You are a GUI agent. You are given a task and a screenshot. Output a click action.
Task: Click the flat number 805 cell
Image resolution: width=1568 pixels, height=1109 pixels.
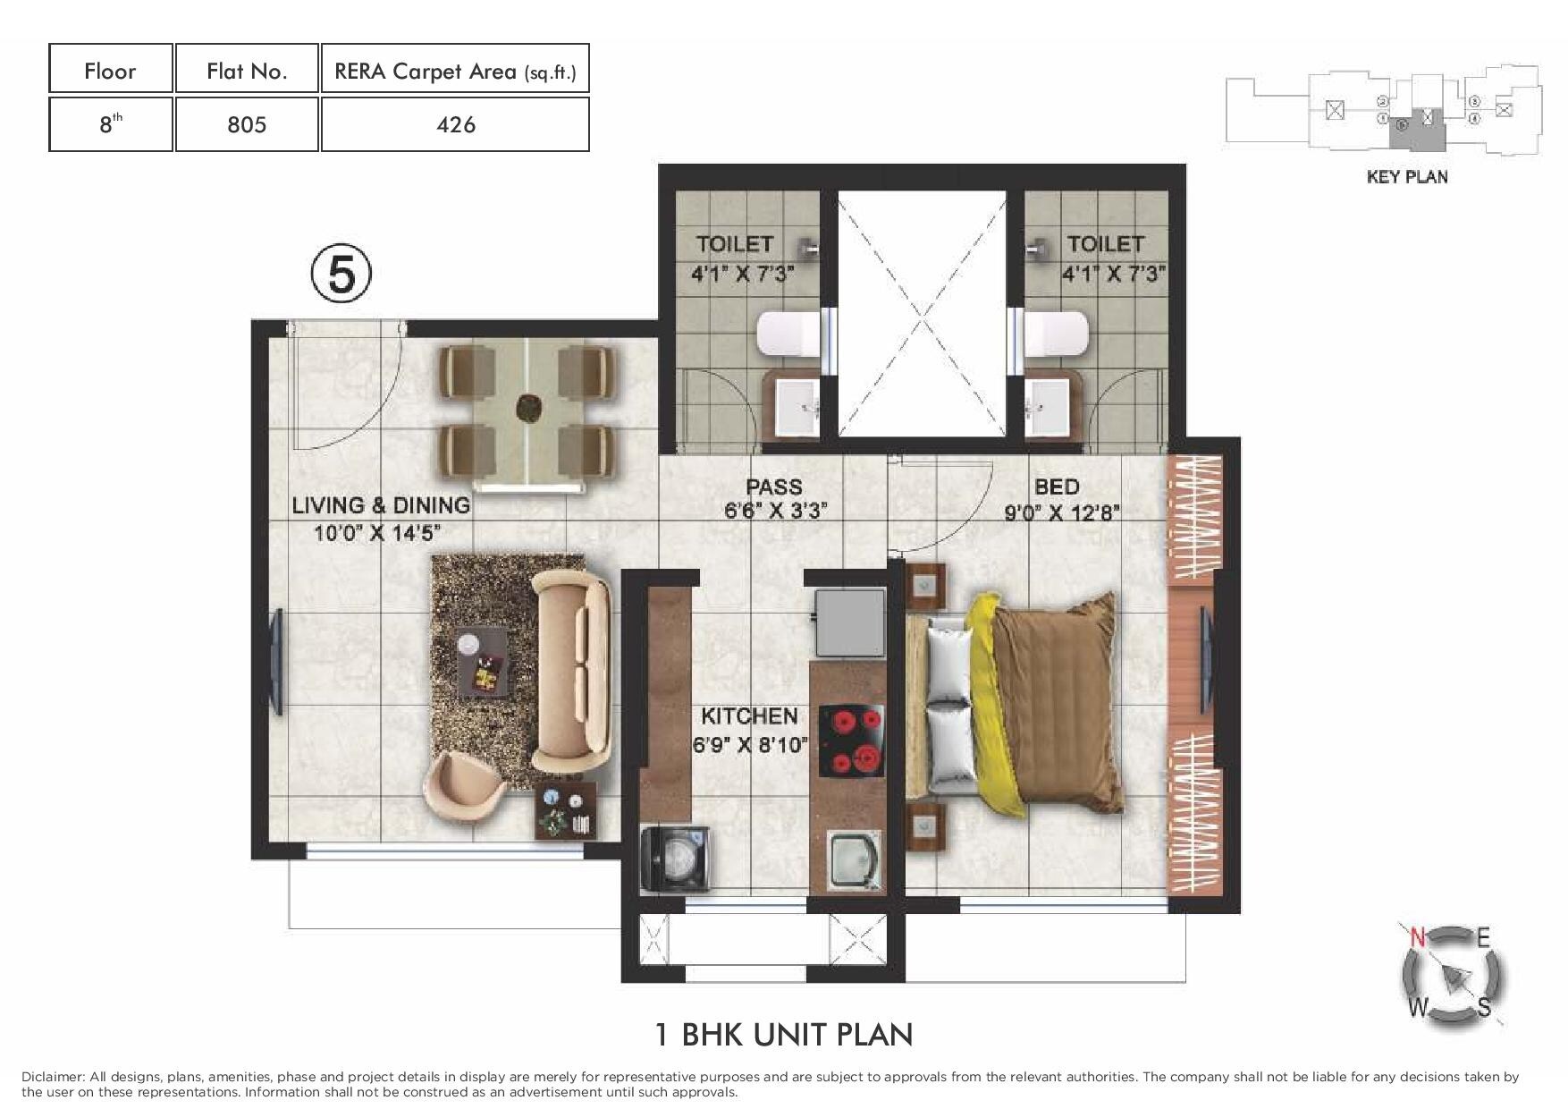(247, 124)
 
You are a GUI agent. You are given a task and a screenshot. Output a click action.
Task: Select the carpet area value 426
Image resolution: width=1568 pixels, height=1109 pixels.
(455, 124)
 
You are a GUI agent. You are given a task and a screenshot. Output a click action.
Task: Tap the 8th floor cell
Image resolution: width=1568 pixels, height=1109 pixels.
(110, 124)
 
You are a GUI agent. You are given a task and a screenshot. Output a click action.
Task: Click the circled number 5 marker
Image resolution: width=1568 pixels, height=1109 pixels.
(341, 275)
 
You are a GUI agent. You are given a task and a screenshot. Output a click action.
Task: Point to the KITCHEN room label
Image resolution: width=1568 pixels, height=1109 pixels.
(748, 715)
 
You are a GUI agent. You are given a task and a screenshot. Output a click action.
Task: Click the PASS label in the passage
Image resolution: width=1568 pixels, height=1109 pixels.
(774, 487)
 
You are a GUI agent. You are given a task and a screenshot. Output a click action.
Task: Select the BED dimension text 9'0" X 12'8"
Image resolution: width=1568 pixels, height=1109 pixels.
(1062, 513)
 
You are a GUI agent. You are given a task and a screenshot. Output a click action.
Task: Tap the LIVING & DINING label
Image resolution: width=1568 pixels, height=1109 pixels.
(381, 505)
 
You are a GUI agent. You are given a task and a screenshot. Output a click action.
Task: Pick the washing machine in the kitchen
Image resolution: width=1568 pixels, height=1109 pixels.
(677, 858)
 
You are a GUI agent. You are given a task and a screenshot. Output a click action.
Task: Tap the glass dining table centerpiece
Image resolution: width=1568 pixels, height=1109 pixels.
(527, 409)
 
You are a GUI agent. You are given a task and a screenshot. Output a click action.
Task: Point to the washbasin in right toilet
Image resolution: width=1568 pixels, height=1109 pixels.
(1047, 407)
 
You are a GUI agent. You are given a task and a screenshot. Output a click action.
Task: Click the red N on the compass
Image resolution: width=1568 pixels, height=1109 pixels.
(1417, 937)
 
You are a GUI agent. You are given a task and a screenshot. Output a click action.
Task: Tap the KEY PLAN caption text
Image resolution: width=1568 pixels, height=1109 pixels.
(1407, 177)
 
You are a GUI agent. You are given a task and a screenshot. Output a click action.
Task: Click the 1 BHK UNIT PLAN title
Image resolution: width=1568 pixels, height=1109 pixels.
(784, 1035)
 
